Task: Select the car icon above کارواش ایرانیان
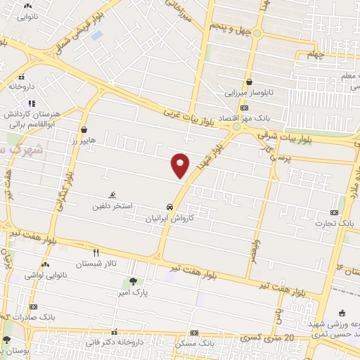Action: click(x=169, y=207)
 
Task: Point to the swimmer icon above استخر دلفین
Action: click(x=112, y=195)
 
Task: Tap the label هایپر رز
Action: click(x=82, y=141)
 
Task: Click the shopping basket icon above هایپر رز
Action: click(x=84, y=129)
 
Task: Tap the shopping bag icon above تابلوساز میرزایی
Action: click(x=250, y=81)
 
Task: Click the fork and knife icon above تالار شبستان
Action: click(x=96, y=252)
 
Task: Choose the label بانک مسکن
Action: click(x=194, y=344)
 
